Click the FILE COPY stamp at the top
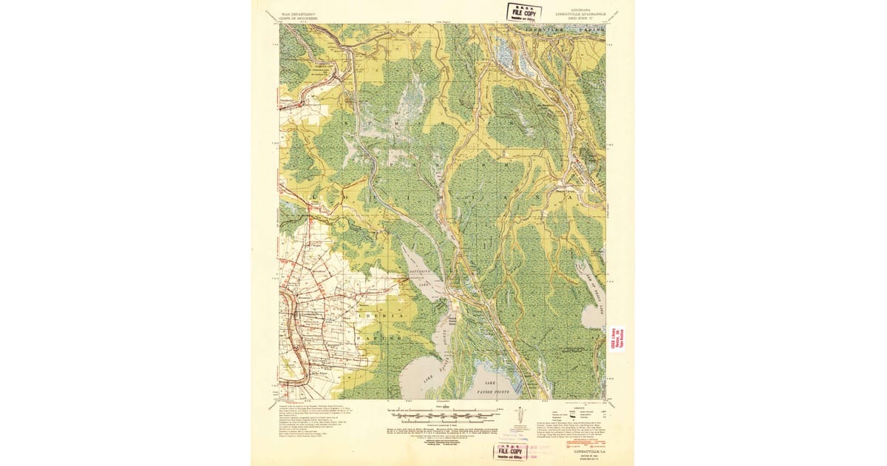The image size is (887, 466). point(523,13)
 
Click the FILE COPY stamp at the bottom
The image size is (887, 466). point(512,452)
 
